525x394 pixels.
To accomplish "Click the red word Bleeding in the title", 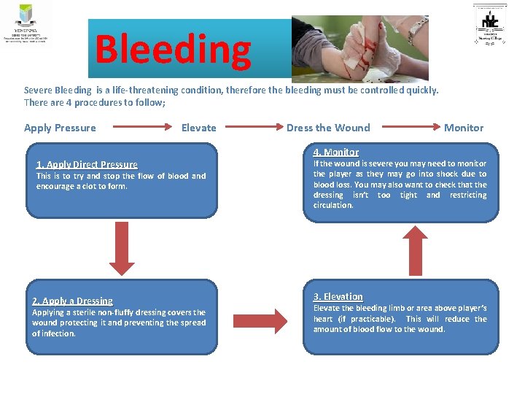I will [173, 50].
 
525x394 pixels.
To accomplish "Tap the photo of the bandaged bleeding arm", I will [359, 47].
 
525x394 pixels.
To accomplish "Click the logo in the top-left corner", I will [26, 24].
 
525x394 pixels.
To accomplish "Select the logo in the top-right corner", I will [494, 25].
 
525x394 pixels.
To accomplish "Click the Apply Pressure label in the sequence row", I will [60, 128].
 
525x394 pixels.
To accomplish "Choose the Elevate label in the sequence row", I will [198, 128].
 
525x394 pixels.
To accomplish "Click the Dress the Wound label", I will [328, 128].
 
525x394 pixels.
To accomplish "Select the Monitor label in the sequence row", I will [464, 128].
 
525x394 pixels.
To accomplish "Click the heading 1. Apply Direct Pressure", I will [87, 165].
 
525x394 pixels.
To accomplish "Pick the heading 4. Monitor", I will [336, 152].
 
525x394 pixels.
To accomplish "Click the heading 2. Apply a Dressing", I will [72, 301].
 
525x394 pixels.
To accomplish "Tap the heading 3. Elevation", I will [338, 296].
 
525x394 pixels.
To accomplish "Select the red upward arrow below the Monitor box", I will [415, 248].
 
